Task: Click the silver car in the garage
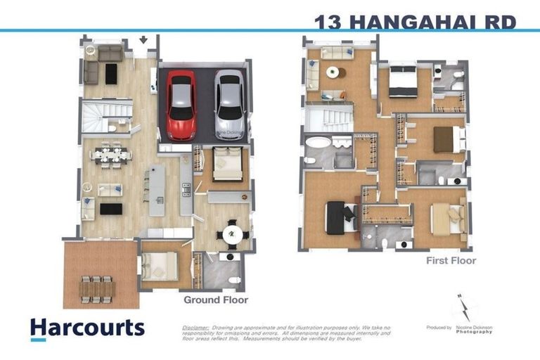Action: (x=229, y=104)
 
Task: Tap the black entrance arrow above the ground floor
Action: (x=144, y=40)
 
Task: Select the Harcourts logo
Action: (x=87, y=328)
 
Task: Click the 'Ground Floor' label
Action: (x=216, y=300)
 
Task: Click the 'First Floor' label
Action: (x=451, y=261)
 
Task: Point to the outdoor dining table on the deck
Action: (x=96, y=288)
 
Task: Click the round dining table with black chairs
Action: (x=232, y=234)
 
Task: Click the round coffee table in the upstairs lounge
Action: (x=332, y=72)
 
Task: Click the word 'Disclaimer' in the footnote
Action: (x=195, y=328)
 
